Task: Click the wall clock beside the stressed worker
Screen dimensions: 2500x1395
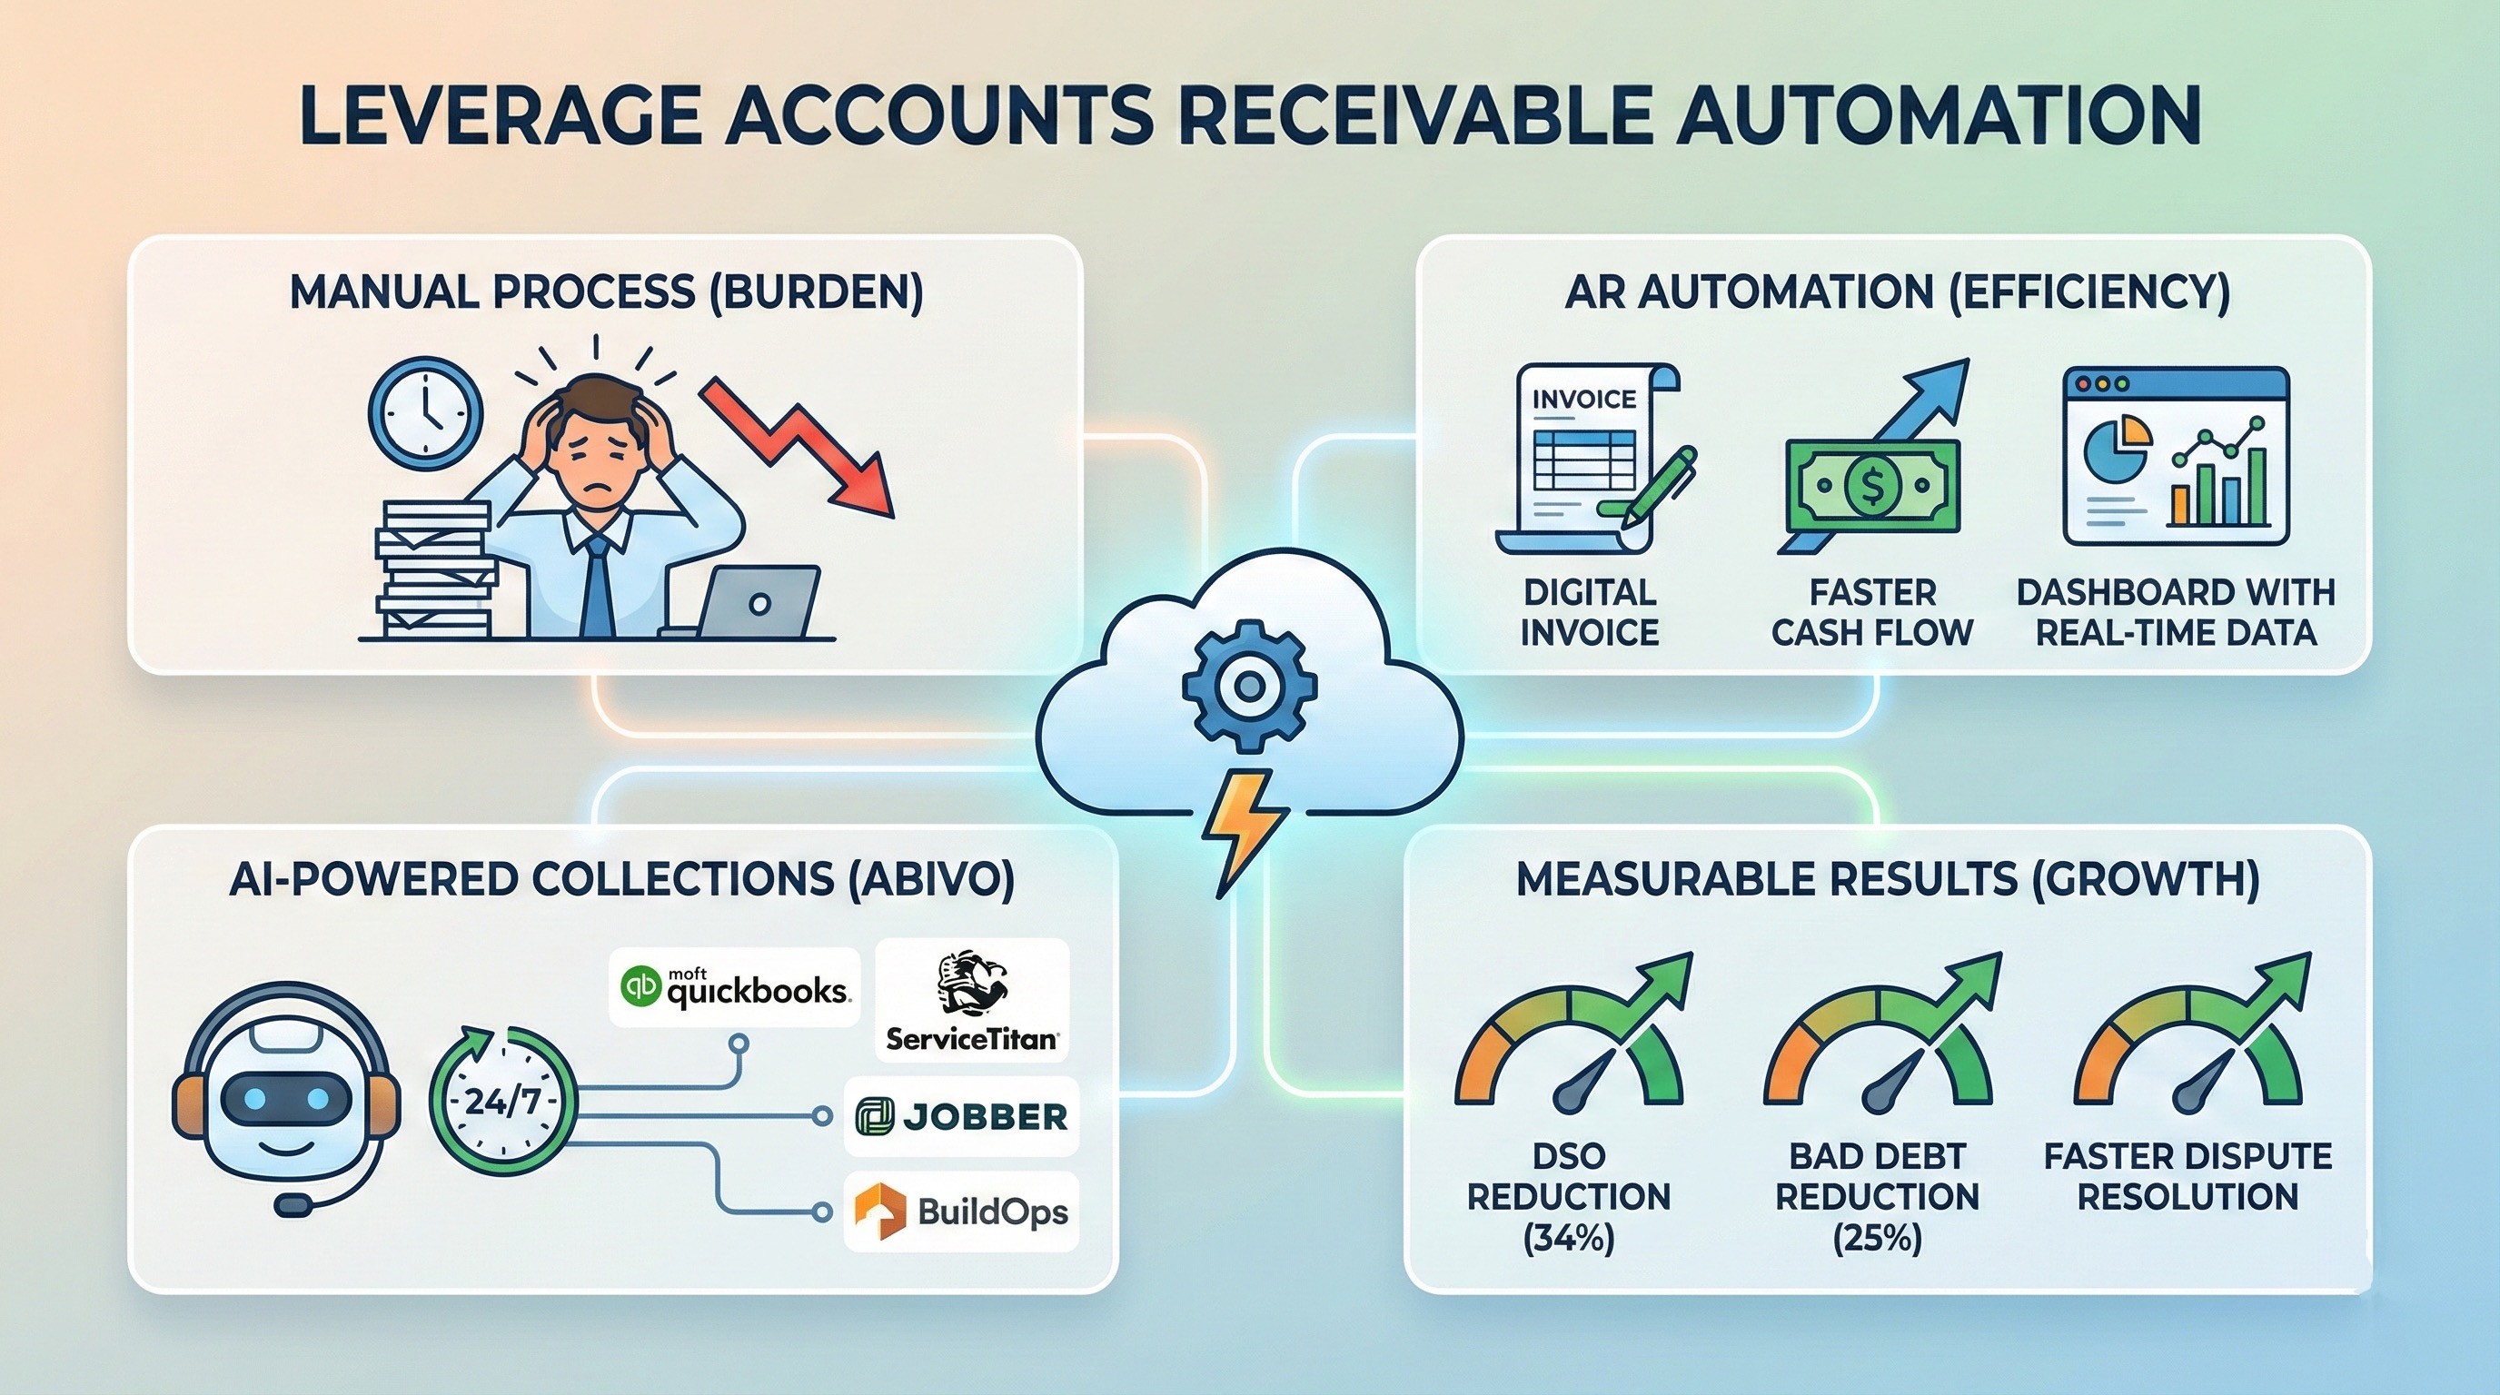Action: [x=425, y=413]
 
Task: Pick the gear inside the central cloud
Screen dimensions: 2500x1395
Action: [x=1249, y=686]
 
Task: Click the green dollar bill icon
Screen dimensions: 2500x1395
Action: [x=1872, y=485]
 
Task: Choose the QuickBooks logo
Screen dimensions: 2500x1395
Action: [x=735, y=986]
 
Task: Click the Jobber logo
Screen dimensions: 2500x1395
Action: [x=961, y=1116]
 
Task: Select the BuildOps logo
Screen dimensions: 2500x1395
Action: [x=961, y=1212]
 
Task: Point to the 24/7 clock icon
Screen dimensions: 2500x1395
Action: [x=501, y=1102]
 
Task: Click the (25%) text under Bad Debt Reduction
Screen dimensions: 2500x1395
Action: [x=1877, y=1239]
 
